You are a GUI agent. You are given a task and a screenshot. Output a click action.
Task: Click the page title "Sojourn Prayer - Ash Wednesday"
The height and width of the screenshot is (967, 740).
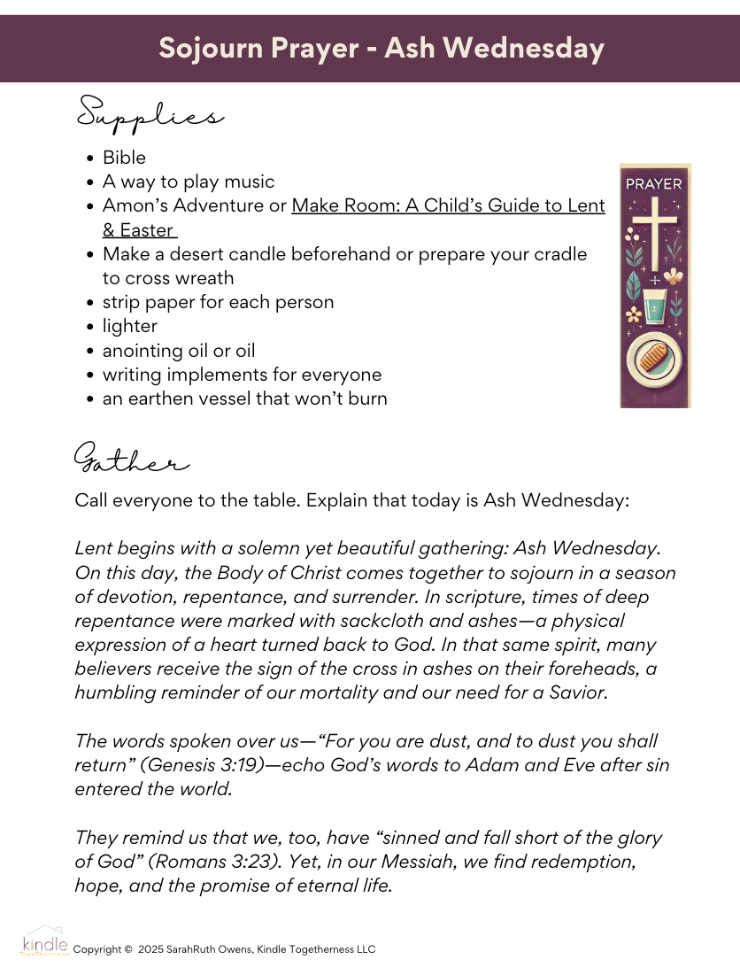pos(381,48)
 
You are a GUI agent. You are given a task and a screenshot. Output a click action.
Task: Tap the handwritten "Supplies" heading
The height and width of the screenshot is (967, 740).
pos(149,115)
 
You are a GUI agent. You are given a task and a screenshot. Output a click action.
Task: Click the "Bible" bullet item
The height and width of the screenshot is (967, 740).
pos(125,158)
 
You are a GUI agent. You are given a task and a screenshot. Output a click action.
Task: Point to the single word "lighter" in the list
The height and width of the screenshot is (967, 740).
pos(130,326)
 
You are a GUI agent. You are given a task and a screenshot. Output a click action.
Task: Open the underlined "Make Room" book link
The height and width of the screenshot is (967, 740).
pos(448,206)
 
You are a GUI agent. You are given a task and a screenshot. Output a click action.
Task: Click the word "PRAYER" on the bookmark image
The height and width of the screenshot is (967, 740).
pos(654,184)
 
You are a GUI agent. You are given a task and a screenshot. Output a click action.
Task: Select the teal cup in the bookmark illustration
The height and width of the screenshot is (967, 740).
pos(654,307)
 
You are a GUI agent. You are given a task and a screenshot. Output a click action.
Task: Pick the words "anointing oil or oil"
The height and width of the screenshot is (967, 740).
pos(179,350)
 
